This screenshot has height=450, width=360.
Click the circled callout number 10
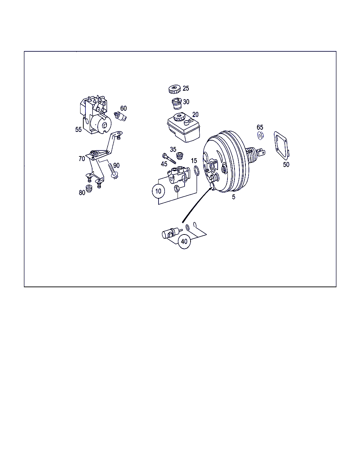click(158, 191)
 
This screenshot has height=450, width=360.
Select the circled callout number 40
click(184, 242)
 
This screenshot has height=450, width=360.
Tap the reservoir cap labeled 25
click(174, 89)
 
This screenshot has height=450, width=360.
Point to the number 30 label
click(186, 102)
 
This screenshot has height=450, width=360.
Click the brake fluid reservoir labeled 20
click(184, 127)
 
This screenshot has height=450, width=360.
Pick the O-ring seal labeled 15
click(197, 171)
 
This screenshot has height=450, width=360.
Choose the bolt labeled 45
click(169, 159)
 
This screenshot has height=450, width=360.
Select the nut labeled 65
click(261, 136)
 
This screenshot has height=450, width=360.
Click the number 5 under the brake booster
click(233, 197)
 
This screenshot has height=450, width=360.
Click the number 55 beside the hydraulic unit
click(78, 129)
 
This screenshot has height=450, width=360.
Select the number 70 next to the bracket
click(82, 159)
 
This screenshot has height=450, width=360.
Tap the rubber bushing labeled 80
click(89, 188)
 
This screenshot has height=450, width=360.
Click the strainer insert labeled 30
click(177, 104)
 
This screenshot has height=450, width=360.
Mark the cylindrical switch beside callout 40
click(170, 233)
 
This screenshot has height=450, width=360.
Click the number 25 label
click(186, 89)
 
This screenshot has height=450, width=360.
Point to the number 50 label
click(286, 165)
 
